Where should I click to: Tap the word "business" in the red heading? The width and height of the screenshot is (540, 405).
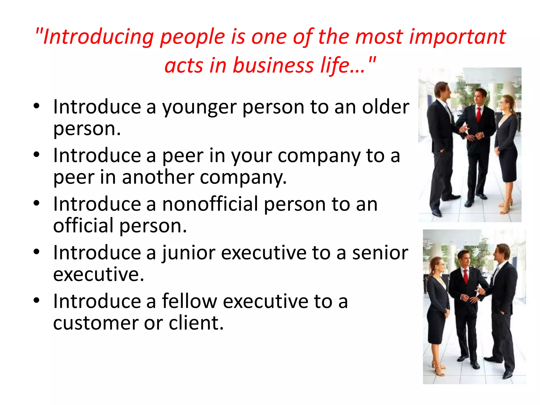click(273, 65)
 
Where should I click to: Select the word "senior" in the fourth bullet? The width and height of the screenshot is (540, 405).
click(380, 253)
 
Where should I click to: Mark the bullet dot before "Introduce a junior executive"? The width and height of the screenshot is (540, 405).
click(36, 252)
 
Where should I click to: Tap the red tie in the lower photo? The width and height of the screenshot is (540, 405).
click(466, 276)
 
